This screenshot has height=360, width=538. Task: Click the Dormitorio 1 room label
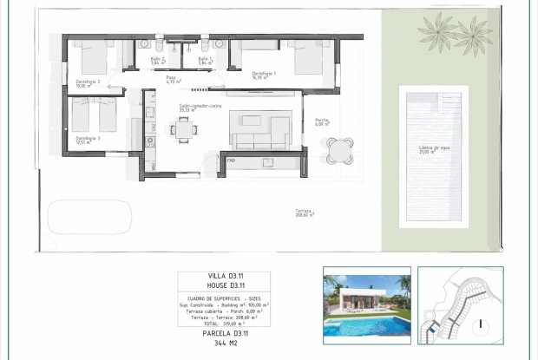pyautogui.click(x=264, y=75)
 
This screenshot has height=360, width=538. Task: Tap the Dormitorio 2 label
pyautogui.click(x=88, y=83)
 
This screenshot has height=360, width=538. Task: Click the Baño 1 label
pyautogui.click(x=205, y=60)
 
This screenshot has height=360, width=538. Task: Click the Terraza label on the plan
pyautogui.click(x=303, y=213)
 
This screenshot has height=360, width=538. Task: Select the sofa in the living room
pyautogui.click(x=259, y=133)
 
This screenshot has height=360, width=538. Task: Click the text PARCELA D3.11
pyautogui.click(x=226, y=333)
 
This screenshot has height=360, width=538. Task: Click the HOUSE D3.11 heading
pyautogui.click(x=226, y=285)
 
